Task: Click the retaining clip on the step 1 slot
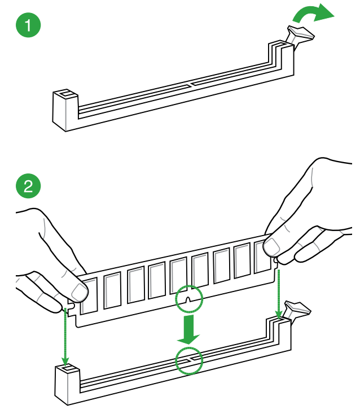[x=300, y=35]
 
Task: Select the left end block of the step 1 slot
[x=65, y=108]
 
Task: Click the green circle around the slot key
[x=189, y=360]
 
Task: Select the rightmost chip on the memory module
[x=263, y=259]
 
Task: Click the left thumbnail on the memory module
[x=80, y=292]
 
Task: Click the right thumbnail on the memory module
[x=272, y=246]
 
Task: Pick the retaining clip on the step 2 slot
[x=297, y=310]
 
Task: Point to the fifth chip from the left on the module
[x=178, y=277]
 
